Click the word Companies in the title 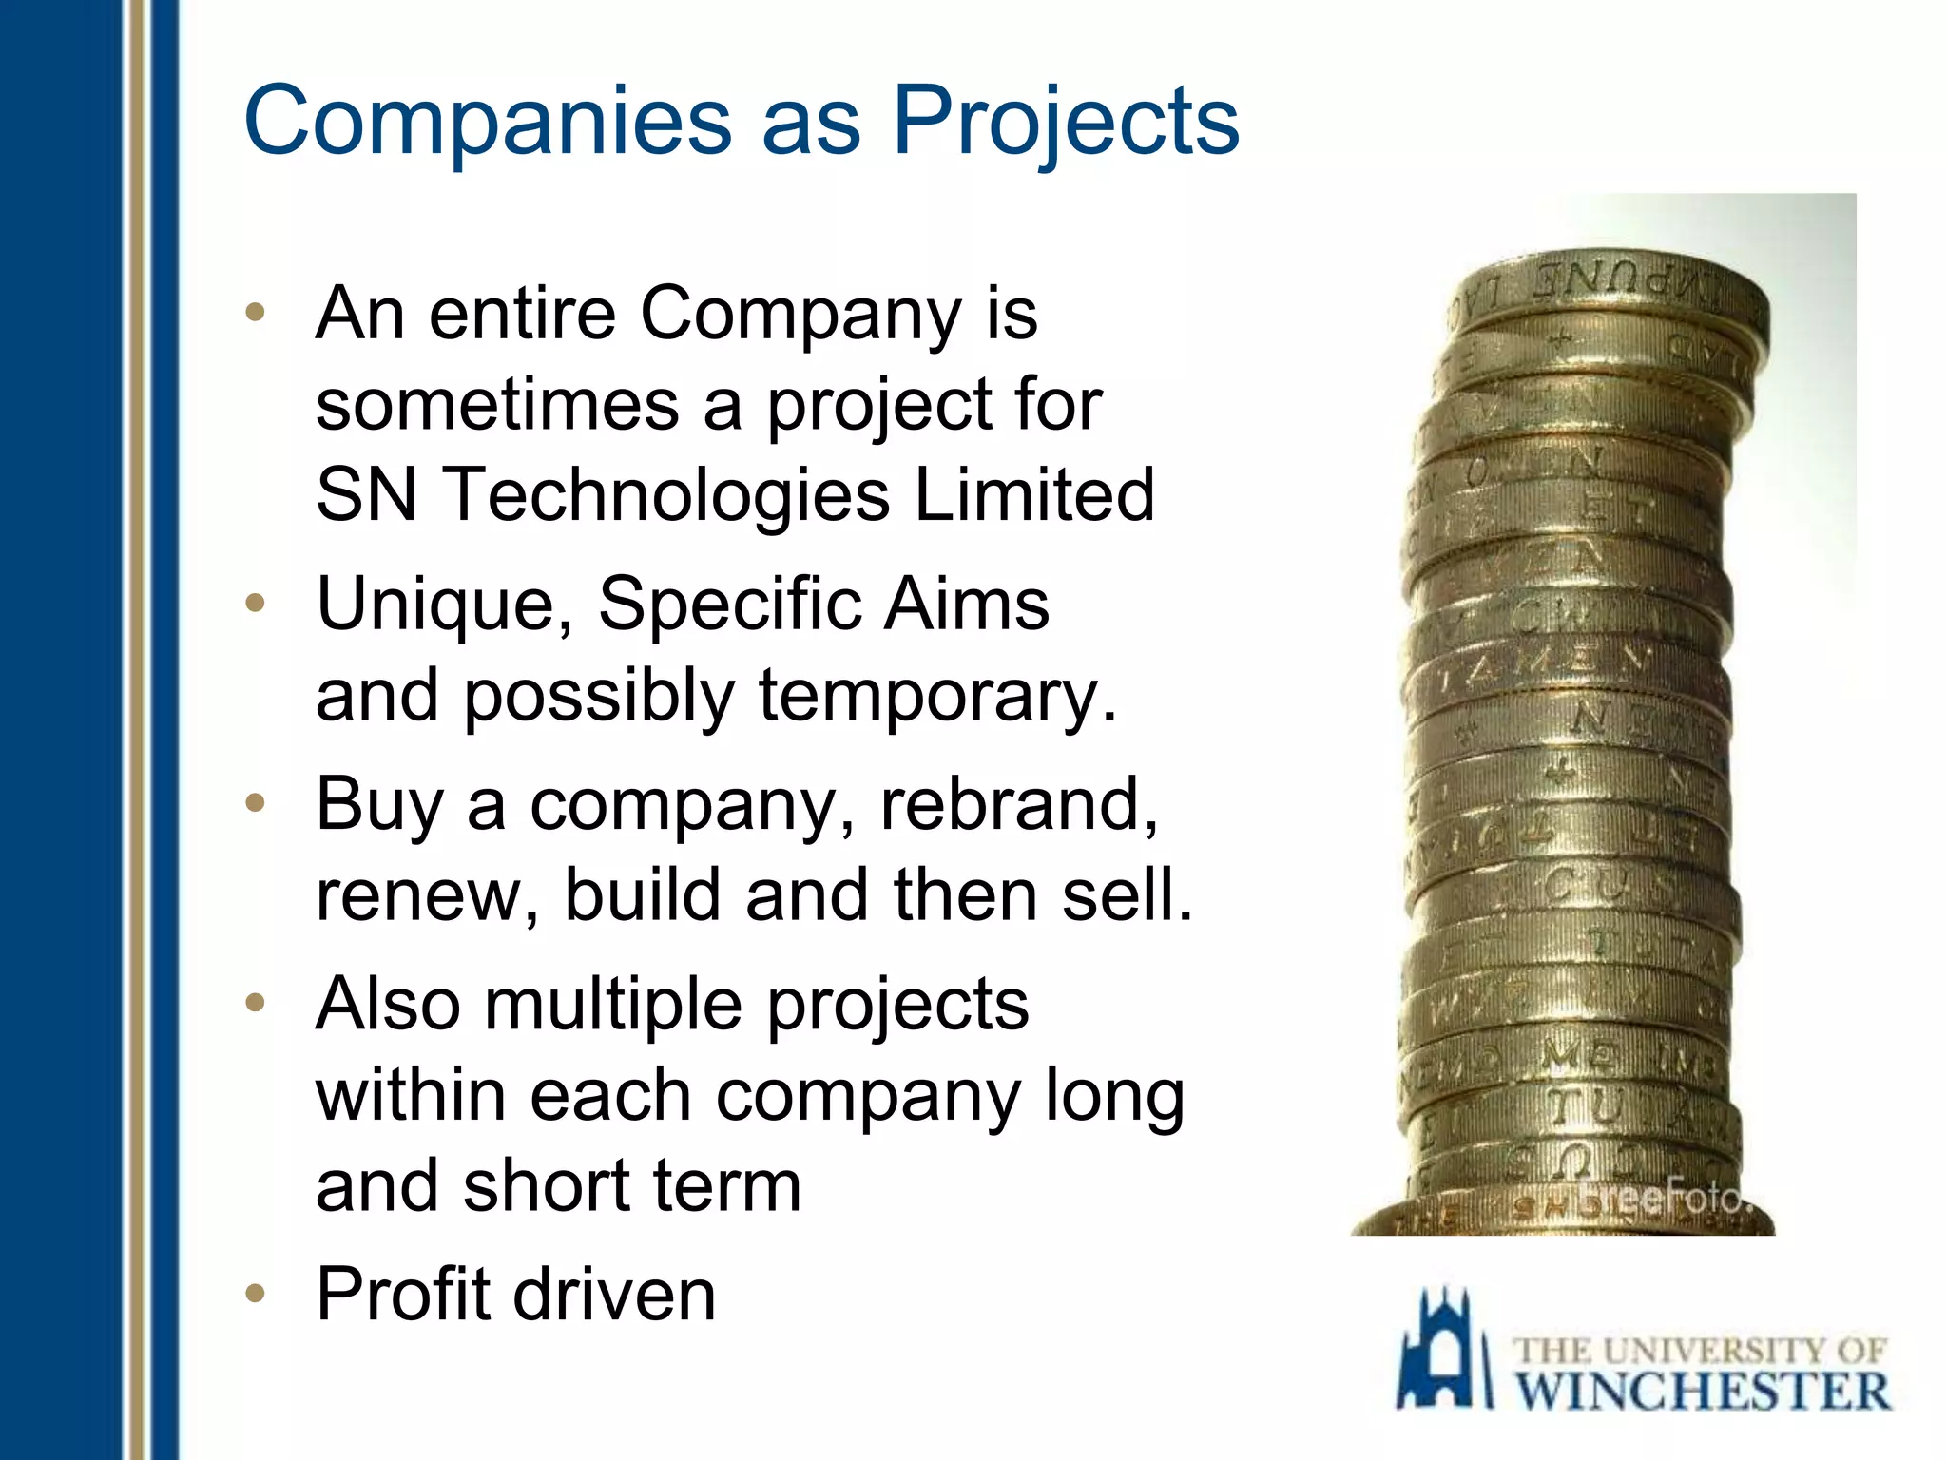(x=487, y=121)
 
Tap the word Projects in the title (x=1065, y=121)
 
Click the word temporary (x=936, y=696)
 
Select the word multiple (x=612, y=1005)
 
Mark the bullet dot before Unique (x=254, y=603)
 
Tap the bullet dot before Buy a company (x=254, y=803)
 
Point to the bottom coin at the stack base (x=1559, y=1217)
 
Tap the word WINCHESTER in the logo (x=1702, y=1392)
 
